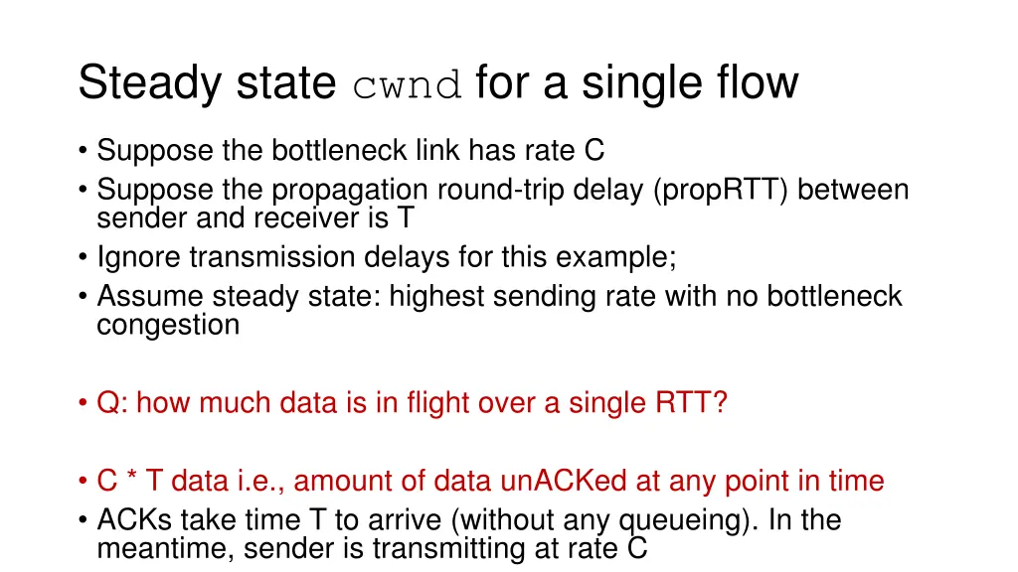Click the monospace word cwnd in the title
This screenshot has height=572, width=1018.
pos(408,84)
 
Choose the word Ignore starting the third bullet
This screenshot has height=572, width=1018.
pos(140,257)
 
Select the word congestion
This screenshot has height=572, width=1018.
pos(168,325)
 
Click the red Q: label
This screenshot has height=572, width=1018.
pos(112,404)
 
